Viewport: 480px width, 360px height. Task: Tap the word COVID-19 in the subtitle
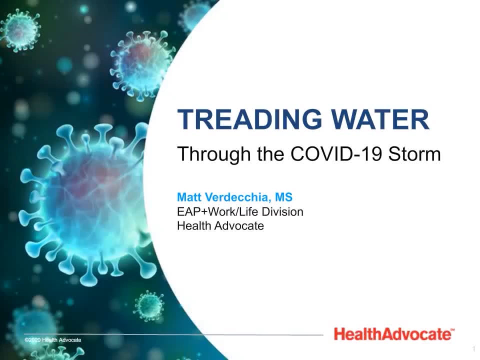pyautogui.click(x=336, y=153)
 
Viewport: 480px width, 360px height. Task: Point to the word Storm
pyautogui.click(x=414, y=153)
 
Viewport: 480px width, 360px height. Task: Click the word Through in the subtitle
pyautogui.click(x=214, y=154)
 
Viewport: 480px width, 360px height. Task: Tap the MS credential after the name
pyautogui.click(x=284, y=197)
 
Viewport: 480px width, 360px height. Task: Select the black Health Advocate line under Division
pyautogui.click(x=220, y=225)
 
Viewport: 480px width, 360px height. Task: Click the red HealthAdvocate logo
pyautogui.click(x=392, y=333)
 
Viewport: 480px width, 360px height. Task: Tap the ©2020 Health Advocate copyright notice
pyautogui.click(x=53, y=340)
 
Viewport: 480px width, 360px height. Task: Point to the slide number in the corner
pyautogui.click(x=474, y=348)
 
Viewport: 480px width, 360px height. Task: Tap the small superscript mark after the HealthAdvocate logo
pyautogui.click(x=453, y=329)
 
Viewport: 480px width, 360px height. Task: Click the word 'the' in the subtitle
pyautogui.click(x=270, y=153)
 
